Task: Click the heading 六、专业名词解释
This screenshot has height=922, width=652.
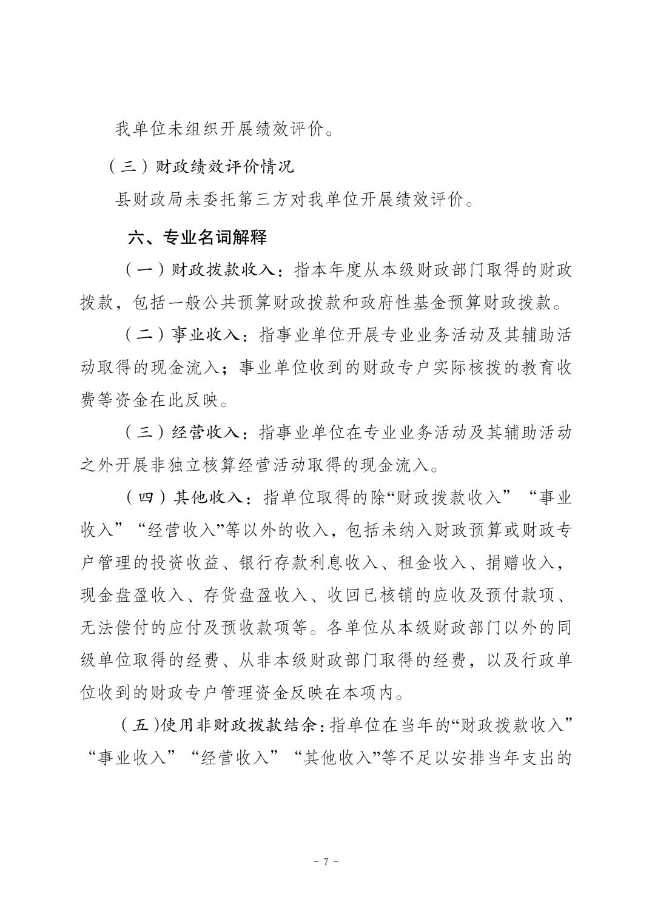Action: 197,237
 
